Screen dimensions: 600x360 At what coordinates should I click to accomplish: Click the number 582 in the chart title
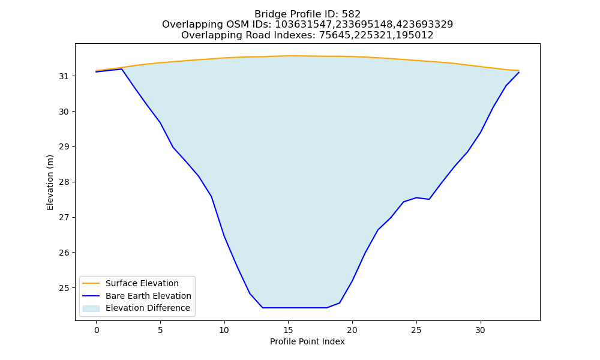point(351,14)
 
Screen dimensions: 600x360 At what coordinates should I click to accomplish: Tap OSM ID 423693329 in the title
point(424,25)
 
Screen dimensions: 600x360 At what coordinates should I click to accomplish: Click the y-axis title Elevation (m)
point(50,182)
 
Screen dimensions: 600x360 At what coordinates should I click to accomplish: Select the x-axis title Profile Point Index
point(307,341)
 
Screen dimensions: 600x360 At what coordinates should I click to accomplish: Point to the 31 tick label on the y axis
point(64,77)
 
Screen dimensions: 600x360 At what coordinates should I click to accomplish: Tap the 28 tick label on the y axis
point(64,182)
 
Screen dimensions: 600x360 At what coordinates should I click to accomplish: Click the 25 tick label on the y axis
point(64,287)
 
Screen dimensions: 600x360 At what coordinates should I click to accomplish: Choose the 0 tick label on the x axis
point(97,330)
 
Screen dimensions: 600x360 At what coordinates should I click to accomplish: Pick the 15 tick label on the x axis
point(288,330)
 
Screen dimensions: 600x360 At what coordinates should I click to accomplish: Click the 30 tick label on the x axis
point(480,330)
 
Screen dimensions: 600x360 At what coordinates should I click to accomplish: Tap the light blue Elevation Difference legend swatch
point(91,308)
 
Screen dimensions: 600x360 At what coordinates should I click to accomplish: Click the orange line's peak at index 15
point(288,56)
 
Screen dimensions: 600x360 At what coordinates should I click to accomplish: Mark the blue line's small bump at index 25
point(416,197)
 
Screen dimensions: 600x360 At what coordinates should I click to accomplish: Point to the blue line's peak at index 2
point(122,69)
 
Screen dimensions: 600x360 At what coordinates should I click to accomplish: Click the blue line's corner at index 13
point(263,308)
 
